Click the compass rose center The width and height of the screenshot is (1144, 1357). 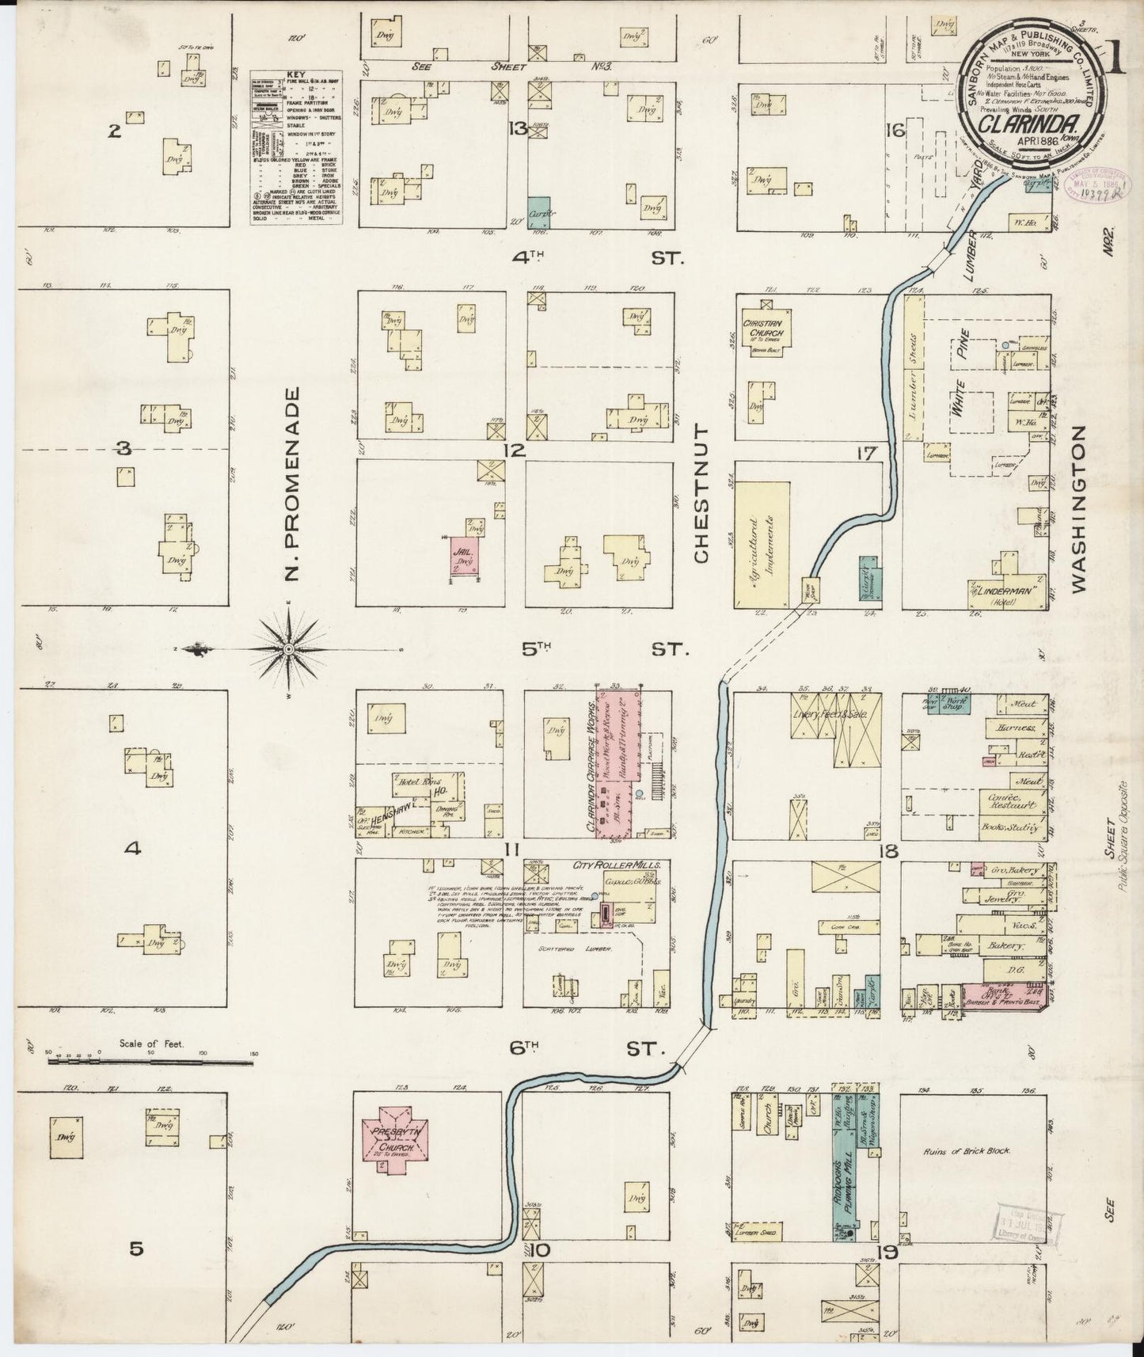click(289, 649)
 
